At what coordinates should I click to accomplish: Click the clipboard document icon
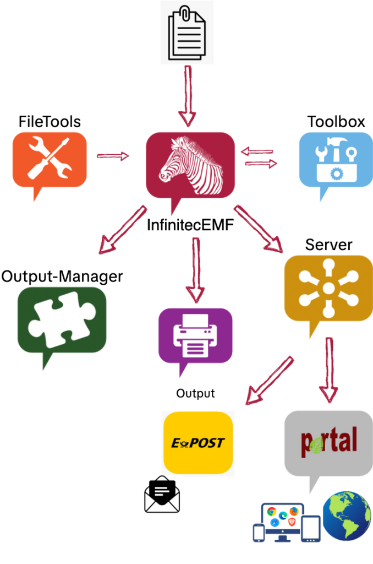coord(186,32)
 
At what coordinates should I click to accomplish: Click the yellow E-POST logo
coord(198,443)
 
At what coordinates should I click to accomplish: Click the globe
coord(347,516)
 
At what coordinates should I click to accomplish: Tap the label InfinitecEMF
coord(190,225)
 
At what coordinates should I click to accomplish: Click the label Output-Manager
coord(62,276)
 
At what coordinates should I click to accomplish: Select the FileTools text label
coord(50,122)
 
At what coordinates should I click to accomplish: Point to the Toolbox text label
coord(336,122)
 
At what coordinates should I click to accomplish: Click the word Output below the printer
coord(195,394)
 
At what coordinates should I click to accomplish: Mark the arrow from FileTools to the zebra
coord(112,156)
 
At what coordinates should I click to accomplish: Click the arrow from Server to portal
coord(329,369)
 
